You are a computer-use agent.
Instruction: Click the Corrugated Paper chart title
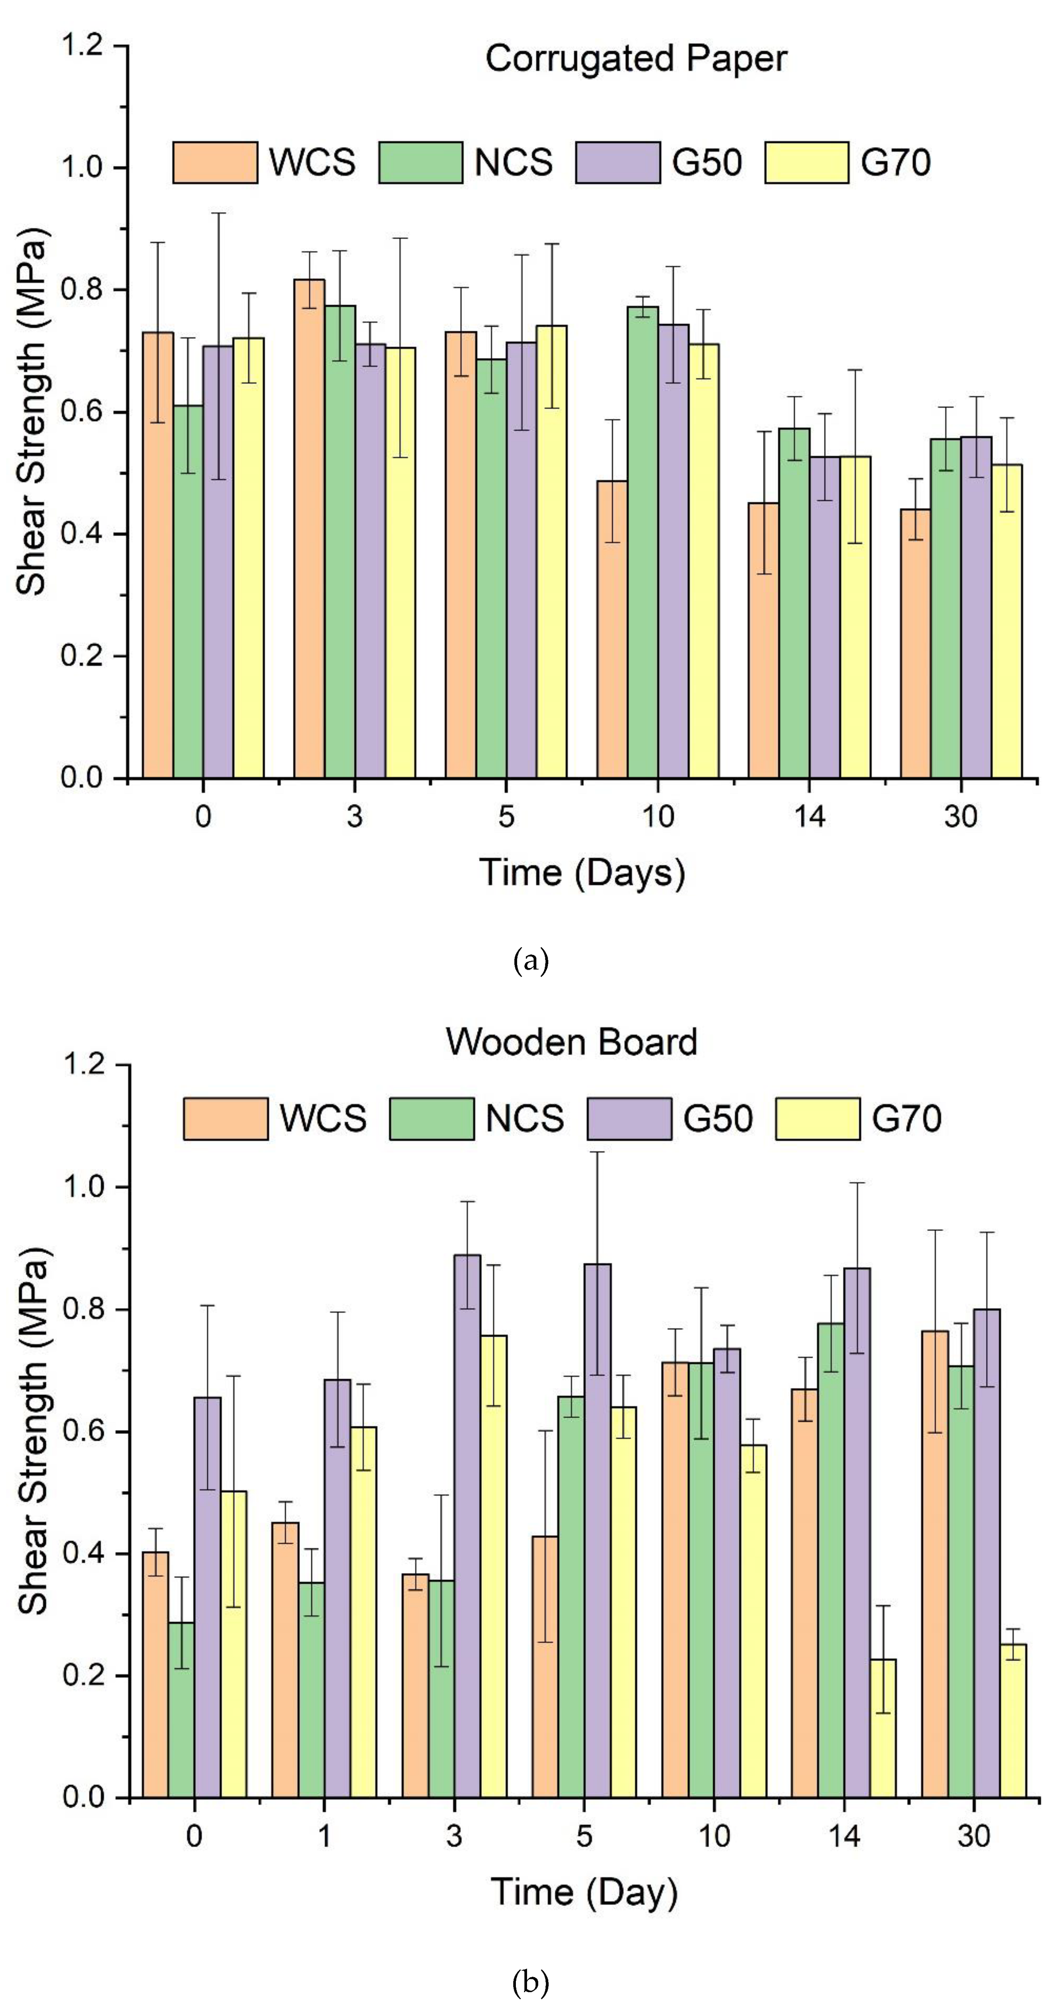[x=636, y=59]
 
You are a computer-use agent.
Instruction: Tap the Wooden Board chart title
[x=571, y=1042]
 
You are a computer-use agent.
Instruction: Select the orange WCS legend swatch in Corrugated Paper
[x=215, y=162]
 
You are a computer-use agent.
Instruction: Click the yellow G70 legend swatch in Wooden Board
[x=817, y=1119]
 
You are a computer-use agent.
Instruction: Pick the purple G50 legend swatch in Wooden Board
[x=629, y=1119]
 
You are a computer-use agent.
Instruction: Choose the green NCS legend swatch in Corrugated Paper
[x=421, y=162]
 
